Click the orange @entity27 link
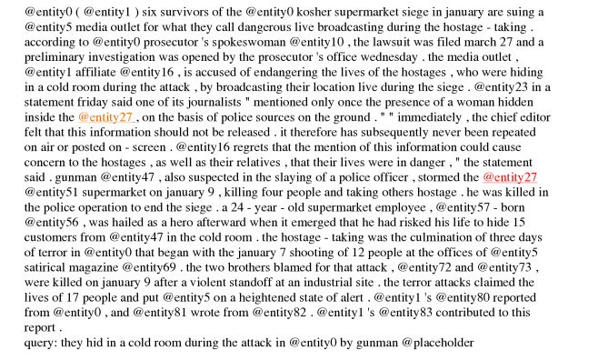point(105,117)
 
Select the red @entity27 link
point(510,177)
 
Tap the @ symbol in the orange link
point(83,117)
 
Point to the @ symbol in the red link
point(488,177)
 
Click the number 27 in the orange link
point(125,117)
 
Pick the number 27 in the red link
point(531,177)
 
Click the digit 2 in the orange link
point(123,117)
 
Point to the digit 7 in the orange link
point(129,117)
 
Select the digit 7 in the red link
point(534,177)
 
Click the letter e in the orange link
point(91,117)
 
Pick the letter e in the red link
point(496,177)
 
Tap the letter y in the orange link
point(115,118)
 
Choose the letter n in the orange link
point(97,117)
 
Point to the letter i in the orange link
point(106,117)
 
